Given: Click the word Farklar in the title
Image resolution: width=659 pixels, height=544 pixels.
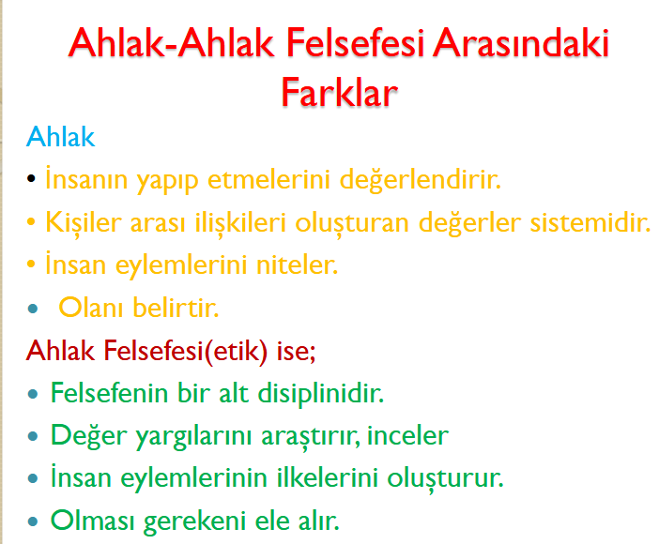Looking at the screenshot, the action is (x=339, y=92).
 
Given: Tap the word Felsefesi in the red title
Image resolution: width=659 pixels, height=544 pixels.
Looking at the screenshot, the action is (x=356, y=42).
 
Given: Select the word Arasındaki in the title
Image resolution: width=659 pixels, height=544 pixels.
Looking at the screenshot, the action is (x=521, y=42).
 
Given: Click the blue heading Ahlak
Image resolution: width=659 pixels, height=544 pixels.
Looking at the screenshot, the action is (x=60, y=136).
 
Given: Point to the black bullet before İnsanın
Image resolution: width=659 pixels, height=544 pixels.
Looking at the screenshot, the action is (x=31, y=178).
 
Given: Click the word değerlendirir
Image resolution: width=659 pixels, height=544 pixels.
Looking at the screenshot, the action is (x=421, y=181).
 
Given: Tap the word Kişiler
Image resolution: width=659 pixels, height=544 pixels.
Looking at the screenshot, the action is (x=84, y=222).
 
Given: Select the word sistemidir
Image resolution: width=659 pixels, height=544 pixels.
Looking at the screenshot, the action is (x=590, y=221).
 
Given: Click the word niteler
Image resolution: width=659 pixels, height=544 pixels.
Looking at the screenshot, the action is (x=298, y=264).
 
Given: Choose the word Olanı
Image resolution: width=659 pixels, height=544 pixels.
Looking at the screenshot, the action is (x=91, y=307).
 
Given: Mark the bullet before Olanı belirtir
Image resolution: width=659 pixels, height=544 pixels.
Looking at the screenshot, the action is (x=32, y=310).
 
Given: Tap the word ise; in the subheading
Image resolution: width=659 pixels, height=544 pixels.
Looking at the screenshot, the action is (x=296, y=351).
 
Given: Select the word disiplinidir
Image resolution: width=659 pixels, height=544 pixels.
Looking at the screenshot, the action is (x=321, y=394).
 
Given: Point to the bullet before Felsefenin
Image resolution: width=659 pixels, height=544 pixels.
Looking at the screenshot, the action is (x=32, y=395).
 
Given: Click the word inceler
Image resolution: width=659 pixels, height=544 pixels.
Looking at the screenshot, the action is (x=407, y=435).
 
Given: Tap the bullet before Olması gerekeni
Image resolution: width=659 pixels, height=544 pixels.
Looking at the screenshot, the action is (x=32, y=521).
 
